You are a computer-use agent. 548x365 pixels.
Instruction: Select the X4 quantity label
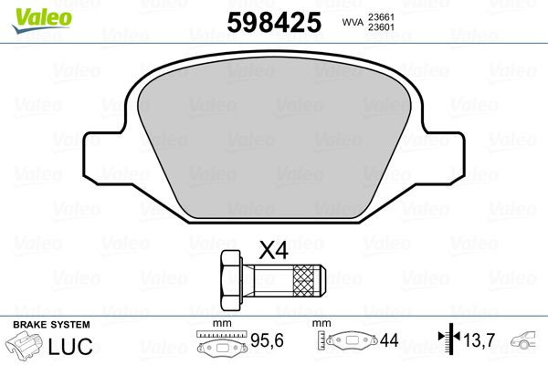pos(273,249)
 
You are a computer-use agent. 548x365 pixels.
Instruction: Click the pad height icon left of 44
pos(351,343)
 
